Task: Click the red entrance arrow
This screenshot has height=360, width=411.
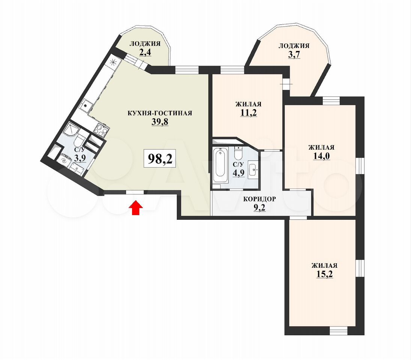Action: [x=136, y=208]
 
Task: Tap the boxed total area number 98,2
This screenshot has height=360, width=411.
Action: [x=160, y=159]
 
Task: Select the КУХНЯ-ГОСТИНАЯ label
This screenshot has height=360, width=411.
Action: [x=160, y=113]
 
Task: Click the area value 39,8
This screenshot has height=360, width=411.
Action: [x=160, y=122]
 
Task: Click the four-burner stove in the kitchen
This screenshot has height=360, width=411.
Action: [x=102, y=130]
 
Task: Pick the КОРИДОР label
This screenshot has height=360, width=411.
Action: [x=259, y=199]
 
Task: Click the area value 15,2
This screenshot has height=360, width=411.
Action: [x=325, y=274]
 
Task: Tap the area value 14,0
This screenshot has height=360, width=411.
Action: [x=321, y=156]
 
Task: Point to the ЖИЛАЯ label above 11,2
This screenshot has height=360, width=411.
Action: [x=248, y=104]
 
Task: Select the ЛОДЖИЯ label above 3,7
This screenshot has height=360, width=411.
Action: [x=294, y=46]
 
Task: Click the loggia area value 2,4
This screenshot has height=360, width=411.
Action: [x=145, y=52]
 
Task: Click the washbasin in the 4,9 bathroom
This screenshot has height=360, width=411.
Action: [x=253, y=170]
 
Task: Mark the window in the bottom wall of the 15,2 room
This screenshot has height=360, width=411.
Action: [x=339, y=331]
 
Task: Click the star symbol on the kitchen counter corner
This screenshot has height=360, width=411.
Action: [x=113, y=62]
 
